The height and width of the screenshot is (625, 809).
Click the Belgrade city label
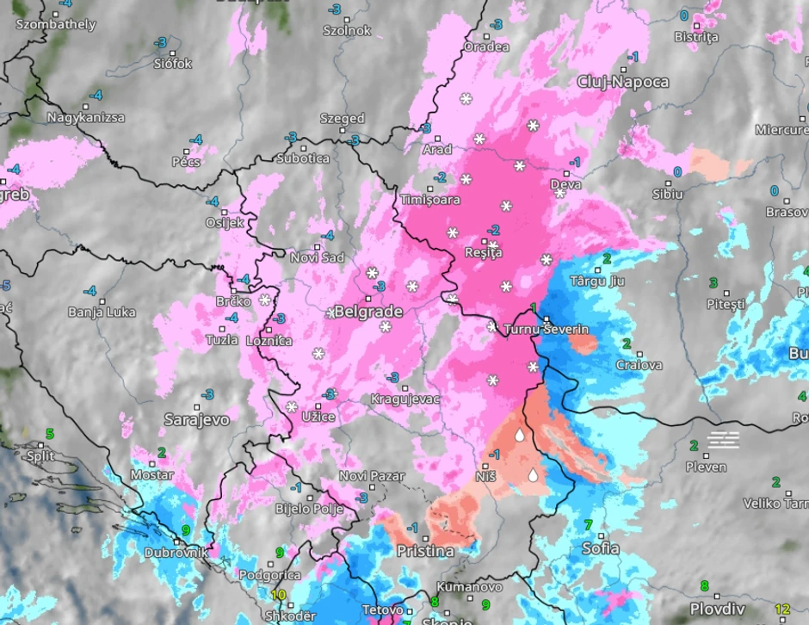tap(368, 311)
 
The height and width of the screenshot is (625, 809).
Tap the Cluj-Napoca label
tap(623, 82)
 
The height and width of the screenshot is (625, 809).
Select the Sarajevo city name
tap(197, 419)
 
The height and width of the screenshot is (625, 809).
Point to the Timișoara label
tap(430, 200)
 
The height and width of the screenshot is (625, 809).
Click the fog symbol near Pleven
tap(723, 440)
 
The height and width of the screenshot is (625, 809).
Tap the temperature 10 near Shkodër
tap(278, 595)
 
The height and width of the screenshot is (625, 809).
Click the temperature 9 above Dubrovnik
tap(186, 531)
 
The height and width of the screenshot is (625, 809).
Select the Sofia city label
tap(600, 548)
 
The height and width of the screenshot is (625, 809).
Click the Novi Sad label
tap(318, 258)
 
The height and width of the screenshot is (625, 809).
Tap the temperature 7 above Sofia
tap(589, 524)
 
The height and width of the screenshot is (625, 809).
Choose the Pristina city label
tap(425, 550)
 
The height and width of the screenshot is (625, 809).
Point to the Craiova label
tap(639, 365)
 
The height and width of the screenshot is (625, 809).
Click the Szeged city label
tap(343, 119)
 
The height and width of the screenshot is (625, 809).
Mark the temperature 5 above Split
tap(50, 434)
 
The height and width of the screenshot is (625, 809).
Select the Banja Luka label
tap(102, 312)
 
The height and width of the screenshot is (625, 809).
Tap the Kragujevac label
tap(405, 399)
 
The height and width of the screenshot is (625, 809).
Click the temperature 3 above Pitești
tap(713, 283)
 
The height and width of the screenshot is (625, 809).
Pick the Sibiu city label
tap(668, 194)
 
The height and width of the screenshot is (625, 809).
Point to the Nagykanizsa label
tap(86, 117)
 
